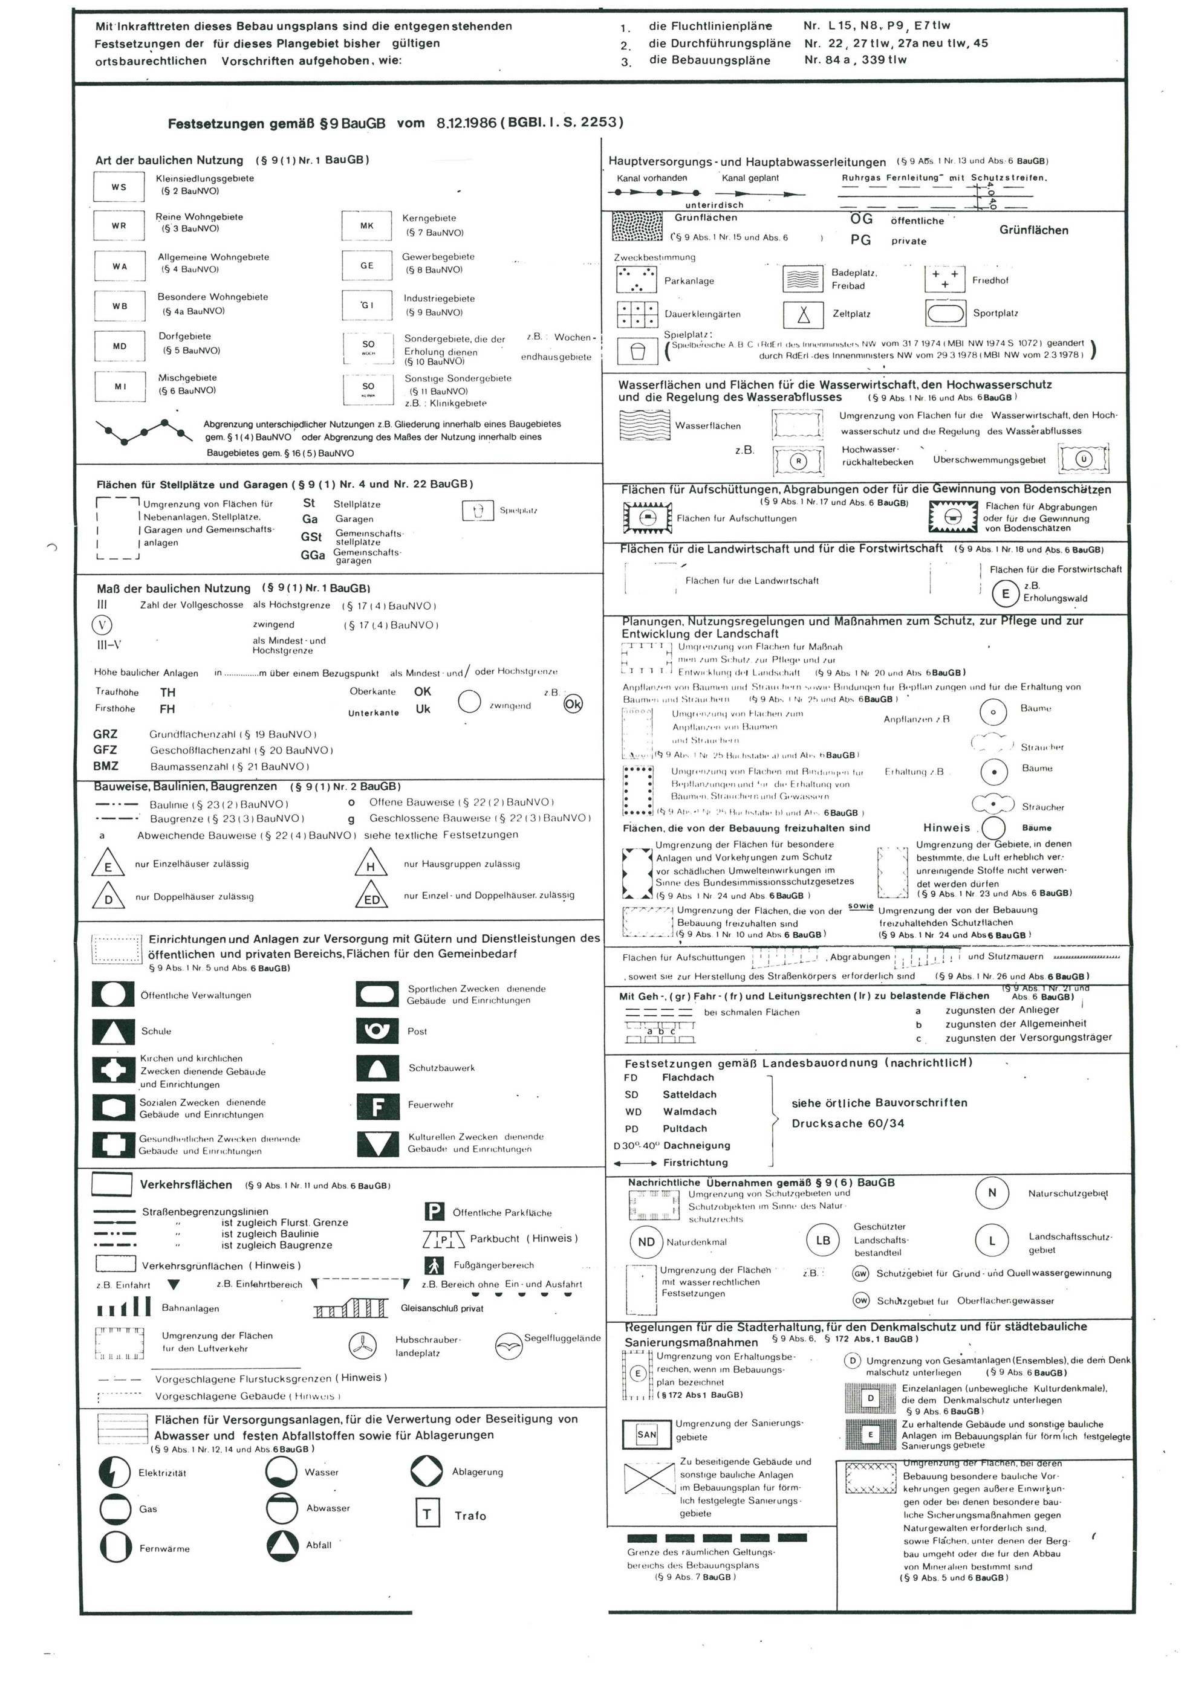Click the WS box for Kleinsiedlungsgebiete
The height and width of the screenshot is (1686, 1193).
coord(119,187)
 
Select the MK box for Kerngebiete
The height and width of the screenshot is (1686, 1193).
coord(366,225)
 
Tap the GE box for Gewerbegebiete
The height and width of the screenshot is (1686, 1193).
coord(366,265)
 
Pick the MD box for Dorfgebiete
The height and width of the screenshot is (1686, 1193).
coord(119,346)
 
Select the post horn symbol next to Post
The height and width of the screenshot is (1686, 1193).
coord(377,1031)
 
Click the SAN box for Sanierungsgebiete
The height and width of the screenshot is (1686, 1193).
coord(646,1434)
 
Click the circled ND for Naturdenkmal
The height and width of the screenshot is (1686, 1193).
coord(646,1242)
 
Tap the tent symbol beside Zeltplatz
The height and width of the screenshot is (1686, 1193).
coord(804,314)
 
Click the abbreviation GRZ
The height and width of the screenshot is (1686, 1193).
coord(105,734)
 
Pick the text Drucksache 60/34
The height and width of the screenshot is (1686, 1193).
coord(848,1123)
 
